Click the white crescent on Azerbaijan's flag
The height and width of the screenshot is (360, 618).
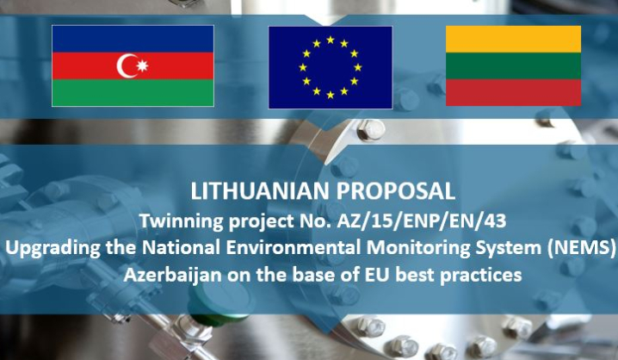(x=123, y=65)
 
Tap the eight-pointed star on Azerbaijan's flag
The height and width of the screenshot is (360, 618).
(x=142, y=65)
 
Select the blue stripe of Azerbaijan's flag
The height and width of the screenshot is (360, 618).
(x=133, y=39)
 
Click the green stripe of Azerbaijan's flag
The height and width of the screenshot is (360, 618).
(x=133, y=93)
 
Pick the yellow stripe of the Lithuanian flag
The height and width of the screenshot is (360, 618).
(x=513, y=39)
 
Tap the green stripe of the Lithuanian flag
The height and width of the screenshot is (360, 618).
(x=513, y=65)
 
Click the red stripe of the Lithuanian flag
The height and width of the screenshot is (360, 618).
(x=513, y=92)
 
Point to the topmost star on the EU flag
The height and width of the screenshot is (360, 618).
(x=331, y=40)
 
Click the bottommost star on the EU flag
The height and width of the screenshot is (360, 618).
(x=331, y=95)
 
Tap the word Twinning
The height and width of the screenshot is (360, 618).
(x=182, y=221)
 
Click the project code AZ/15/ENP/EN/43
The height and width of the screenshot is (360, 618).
(x=422, y=221)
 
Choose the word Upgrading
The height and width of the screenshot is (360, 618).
(x=53, y=248)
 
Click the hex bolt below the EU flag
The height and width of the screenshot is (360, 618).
(x=371, y=130)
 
